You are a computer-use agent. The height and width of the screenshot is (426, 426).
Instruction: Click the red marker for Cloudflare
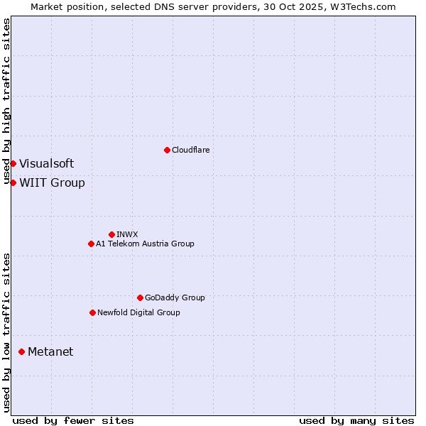point(167,150)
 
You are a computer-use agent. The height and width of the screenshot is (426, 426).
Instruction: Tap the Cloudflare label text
point(190,150)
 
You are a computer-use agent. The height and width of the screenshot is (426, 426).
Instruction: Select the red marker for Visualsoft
point(13,163)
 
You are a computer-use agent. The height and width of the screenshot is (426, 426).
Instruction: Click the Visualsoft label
point(46,163)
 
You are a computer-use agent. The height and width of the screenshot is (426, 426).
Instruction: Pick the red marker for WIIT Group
point(13,182)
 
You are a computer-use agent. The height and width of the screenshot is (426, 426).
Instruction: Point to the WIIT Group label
point(52,182)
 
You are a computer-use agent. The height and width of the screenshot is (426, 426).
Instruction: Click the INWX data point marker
point(111,234)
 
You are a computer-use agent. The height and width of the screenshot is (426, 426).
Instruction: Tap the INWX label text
point(127,234)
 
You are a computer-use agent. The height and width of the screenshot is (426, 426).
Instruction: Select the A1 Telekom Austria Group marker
point(91,244)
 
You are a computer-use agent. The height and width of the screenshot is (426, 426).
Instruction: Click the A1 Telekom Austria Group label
point(145,244)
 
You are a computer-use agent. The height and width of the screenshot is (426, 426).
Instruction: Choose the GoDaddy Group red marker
point(140,297)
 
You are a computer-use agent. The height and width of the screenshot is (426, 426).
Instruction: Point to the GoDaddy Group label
point(175,297)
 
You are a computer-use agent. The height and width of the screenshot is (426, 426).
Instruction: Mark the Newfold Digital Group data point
point(92,312)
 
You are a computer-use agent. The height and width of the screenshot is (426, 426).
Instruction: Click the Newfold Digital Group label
point(138,312)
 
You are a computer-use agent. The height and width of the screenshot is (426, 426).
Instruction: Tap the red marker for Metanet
point(21,351)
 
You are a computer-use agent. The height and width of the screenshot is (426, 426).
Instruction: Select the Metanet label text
point(50,351)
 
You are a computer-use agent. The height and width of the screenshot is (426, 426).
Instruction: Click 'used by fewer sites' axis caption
point(73,420)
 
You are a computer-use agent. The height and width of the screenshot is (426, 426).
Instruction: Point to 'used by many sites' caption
point(356,420)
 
